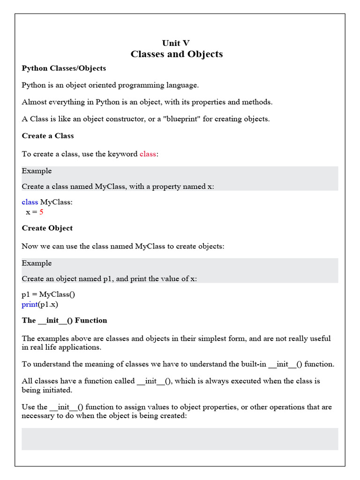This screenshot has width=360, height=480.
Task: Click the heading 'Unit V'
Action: pyautogui.click(x=176, y=43)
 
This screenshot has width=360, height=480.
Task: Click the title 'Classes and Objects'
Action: pyautogui.click(x=177, y=54)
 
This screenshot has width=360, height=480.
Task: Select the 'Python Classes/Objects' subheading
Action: pyautogui.click(x=64, y=68)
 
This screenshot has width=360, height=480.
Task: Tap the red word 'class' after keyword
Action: pyautogui.click(x=148, y=154)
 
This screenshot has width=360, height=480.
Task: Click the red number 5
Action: pyautogui.click(x=41, y=212)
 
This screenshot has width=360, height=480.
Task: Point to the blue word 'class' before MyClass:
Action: pyautogui.click(x=30, y=202)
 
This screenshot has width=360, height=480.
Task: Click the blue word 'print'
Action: pyautogui.click(x=30, y=304)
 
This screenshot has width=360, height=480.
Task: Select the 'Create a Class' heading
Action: pyautogui.click(x=48, y=136)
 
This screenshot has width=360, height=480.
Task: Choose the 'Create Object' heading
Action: pyautogui.click(x=47, y=228)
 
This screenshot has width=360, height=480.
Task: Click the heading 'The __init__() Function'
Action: pyautogui.click(x=64, y=321)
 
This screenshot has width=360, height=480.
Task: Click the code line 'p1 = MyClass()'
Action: pyautogui.click(x=48, y=294)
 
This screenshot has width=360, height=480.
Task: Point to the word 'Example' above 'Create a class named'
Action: pyautogui.click(x=37, y=171)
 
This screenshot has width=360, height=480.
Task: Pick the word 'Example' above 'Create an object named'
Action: pyautogui.click(x=37, y=263)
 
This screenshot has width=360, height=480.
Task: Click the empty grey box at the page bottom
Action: pyautogui.click(x=180, y=439)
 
